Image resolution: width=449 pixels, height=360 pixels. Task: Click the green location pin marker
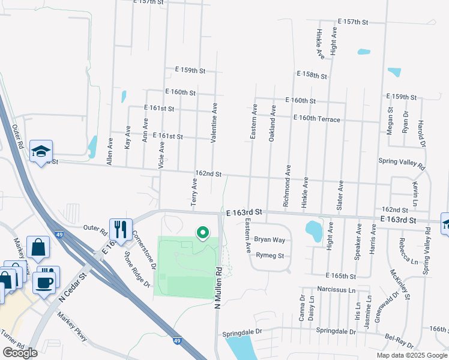point(203,232)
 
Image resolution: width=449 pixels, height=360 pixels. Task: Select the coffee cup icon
point(44,282)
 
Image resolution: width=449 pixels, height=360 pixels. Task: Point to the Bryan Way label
point(270,239)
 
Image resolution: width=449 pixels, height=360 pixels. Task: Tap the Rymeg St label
point(269,256)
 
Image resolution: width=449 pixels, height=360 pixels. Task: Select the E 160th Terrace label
point(317,119)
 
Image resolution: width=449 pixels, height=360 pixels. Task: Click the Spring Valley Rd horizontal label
point(402,161)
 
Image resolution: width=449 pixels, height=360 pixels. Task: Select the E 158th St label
point(312,76)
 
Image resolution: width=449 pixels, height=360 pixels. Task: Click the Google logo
point(20,353)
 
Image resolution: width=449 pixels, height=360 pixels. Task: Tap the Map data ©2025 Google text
point(411,355)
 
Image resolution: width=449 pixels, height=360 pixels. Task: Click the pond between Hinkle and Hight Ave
point(313,229)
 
